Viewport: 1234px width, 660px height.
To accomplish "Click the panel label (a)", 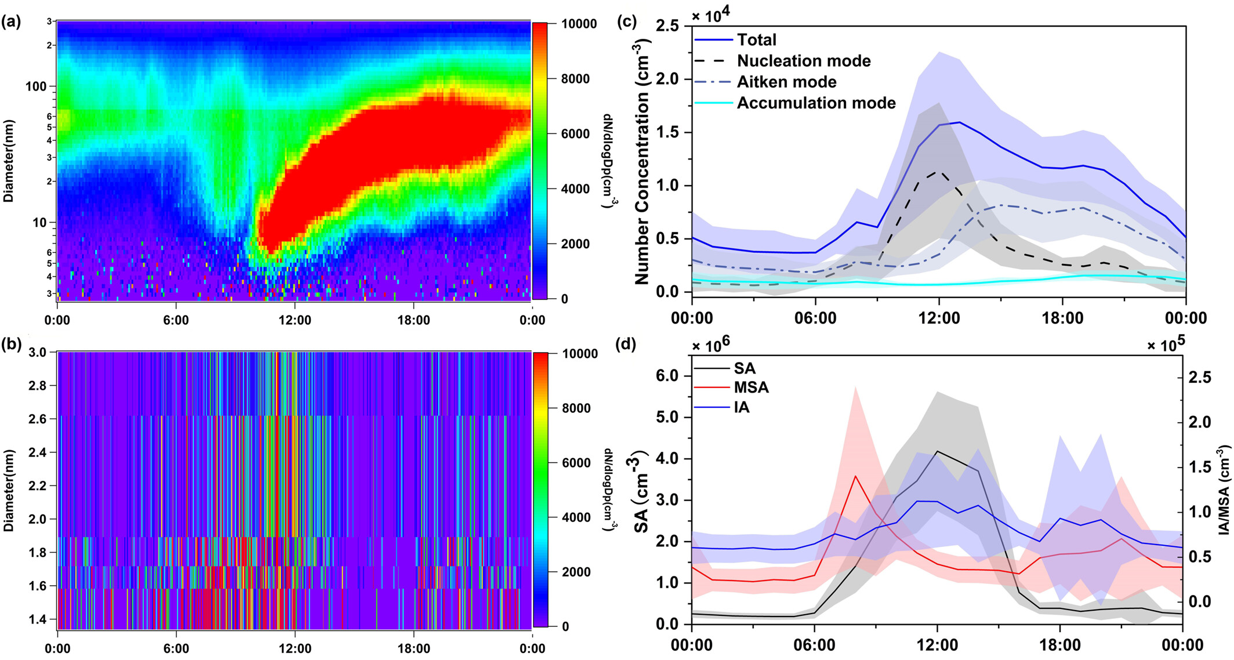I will point(11,22).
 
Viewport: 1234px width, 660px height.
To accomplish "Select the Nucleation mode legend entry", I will point(803,61).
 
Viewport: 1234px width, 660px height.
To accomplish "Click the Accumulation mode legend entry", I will point(816,103).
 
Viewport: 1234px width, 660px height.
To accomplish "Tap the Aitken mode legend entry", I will point(786,82).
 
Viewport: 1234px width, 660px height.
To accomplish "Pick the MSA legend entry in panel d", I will point(751,387).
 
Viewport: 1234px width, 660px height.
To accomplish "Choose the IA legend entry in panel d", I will point(741,408).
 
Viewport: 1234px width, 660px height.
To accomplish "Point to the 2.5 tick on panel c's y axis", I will point(670,26).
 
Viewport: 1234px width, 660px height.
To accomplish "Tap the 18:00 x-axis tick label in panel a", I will point(413,320).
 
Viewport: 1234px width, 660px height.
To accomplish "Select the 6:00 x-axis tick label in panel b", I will point(176,648).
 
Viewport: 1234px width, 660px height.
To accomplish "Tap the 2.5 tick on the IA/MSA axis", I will point(1199,378).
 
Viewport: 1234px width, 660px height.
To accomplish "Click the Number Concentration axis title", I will point(641,162).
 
